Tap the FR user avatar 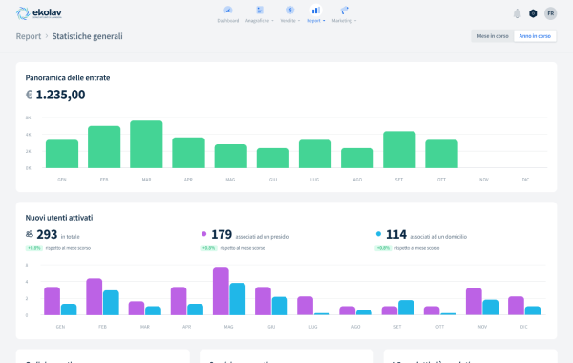pyautogui.click(x=550, y=13)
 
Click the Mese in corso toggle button pyautogui.click(x=492, y=36)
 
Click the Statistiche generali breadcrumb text pyautogui.click(x=87, y=36)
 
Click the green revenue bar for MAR pyautogui.click(x=146, y=144)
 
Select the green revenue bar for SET pyautogui.click(x=399, y=149)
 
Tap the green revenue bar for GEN pyautogui.click(x=62, y=154)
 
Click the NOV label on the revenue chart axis pyautogui.click(x=483, y=179)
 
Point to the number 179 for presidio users pyautogui.click(x=222, y=234)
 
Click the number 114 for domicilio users pyautogui.click(x=395, y=234)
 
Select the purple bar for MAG pyautogui.click(x=221, y=291)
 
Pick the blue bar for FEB pyautogui.click(x=111, y=303)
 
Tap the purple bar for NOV pyautogui.click(x=474, y=301)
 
